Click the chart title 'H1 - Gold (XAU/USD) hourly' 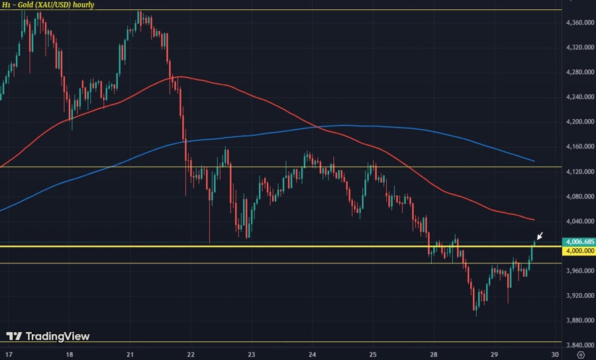tap(47, 5)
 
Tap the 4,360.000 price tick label tap(579, 22)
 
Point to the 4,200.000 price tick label tap(579, 122)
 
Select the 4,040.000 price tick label tap(579, 221)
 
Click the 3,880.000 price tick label tap(579, 320)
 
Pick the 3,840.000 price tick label tap(579, 345)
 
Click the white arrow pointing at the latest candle tap(540, 236)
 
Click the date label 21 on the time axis tap(130, 354)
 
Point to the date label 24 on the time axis tap(312, 354)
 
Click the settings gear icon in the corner tap(581, 354)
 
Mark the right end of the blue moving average tap(534, 161)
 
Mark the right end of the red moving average tap(534, 220)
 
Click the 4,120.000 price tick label tap(579, 171)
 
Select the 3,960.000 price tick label tap(579, 271)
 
